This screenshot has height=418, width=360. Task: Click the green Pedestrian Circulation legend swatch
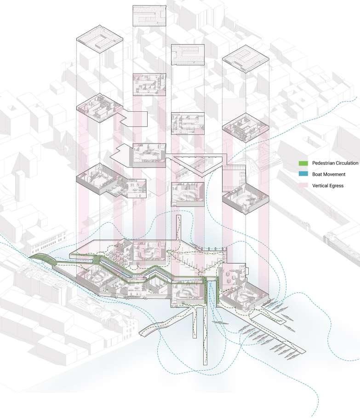point(303,163)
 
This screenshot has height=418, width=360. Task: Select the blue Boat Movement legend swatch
point(303,175)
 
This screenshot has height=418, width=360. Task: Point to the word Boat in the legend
point(318,175)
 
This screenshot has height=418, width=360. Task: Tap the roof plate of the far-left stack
point(99,41)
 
